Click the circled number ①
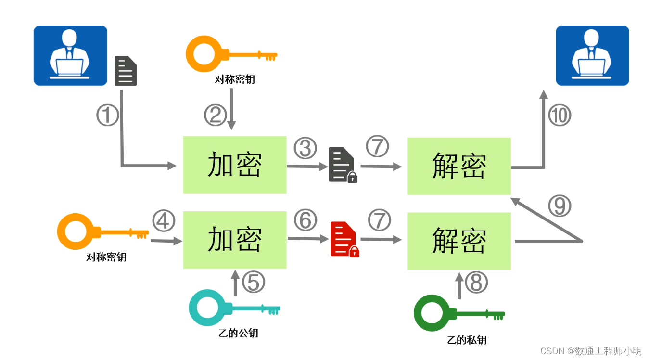point(107,116)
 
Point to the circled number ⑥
point(305,220)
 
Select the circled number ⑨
point(559,206)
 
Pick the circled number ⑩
point(560,116)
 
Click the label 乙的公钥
point(238,333)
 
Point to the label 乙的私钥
point(467,340)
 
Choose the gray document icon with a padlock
point(342,165)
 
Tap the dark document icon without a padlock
point(126,71)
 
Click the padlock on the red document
point(354,251)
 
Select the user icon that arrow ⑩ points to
point(592,55)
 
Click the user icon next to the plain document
point(70,55)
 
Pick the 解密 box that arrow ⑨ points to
point(459,166)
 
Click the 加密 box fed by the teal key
point(235,239)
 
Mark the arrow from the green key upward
point(459,285)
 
